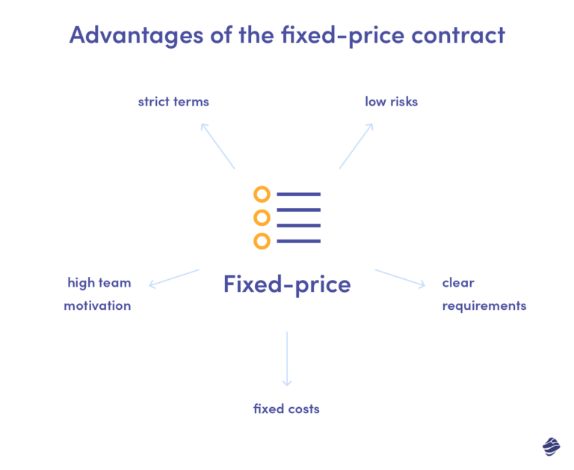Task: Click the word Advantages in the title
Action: (136, 36)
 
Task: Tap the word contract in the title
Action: (458, 35)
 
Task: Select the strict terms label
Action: (173, 102)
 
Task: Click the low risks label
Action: (392, 102)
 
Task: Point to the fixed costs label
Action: (286, 409)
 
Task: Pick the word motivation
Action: (97, 306)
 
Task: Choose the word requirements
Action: (484, 306)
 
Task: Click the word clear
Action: (458, 283)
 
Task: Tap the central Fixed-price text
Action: (287, 284)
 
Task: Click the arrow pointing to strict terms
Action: (217, 146)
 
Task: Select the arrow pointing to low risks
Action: (357, 146)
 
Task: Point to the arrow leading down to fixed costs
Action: (287, 359)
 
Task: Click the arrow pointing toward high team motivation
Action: (174, 278)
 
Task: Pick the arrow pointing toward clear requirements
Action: (400, 278)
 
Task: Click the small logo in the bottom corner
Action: (552, 447)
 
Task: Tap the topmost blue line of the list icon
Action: (299, 195)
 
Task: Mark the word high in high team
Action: (81, 283)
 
